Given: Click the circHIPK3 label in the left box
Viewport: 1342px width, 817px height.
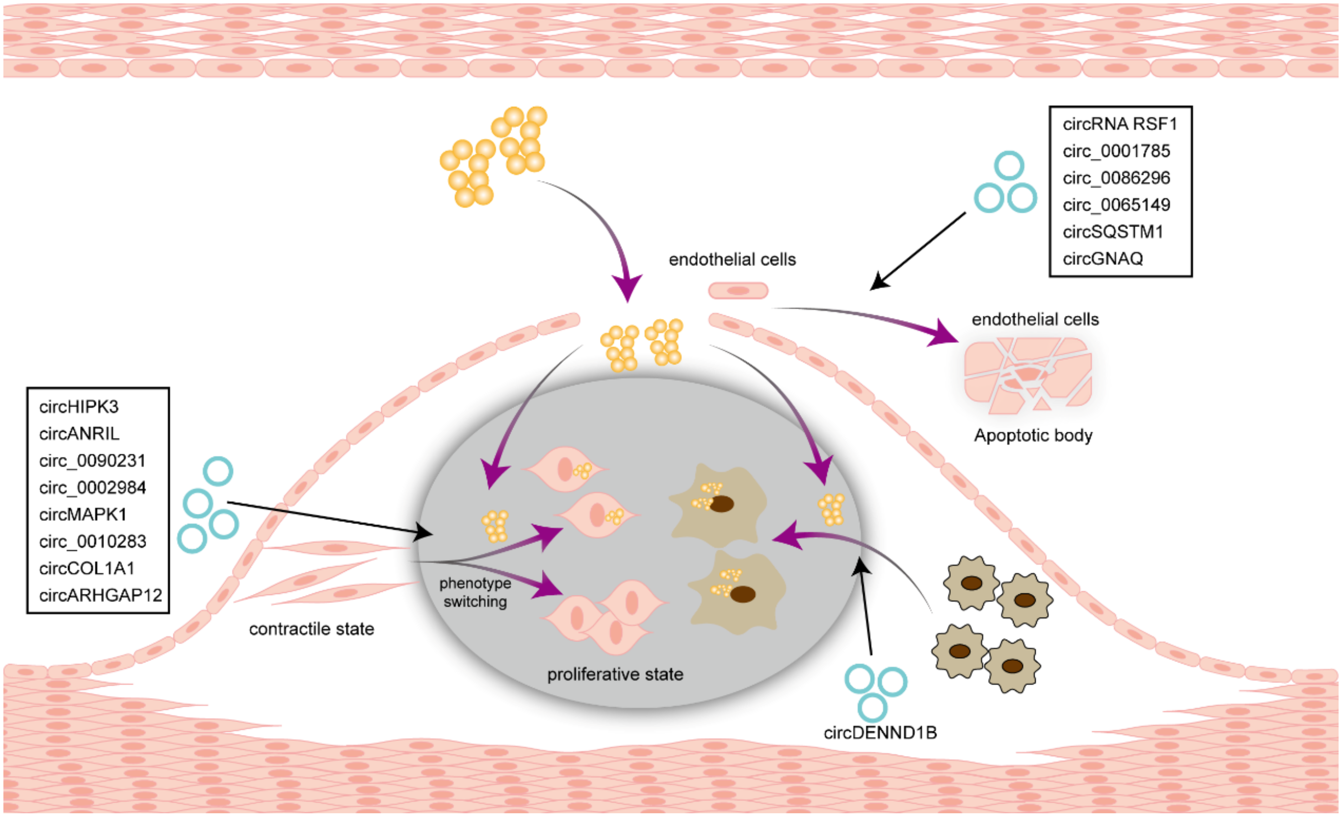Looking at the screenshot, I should click(79, 406).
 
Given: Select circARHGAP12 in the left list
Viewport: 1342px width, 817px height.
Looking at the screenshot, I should click(101, 595).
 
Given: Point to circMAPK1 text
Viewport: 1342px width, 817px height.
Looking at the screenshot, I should click(83, 514).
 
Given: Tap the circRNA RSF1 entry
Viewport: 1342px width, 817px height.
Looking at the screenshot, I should click(1120, 124).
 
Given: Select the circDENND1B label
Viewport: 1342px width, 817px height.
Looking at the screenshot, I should click(880, 733).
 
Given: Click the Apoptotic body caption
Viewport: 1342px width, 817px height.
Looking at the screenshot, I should click(1033, 435).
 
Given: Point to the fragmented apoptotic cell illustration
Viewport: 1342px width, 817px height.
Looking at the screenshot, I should click(1027, 375).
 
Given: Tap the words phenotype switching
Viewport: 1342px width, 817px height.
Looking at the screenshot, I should click(475, 592).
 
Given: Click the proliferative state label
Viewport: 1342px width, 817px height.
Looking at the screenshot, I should click(615, 674).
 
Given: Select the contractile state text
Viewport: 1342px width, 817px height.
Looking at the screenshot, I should click(312, 629).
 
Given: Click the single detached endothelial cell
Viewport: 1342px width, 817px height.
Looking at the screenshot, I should click(738, 291).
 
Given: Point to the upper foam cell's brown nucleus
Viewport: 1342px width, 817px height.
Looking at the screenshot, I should click(722, 504).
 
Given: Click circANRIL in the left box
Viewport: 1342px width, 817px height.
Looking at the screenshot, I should click(79, 434).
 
